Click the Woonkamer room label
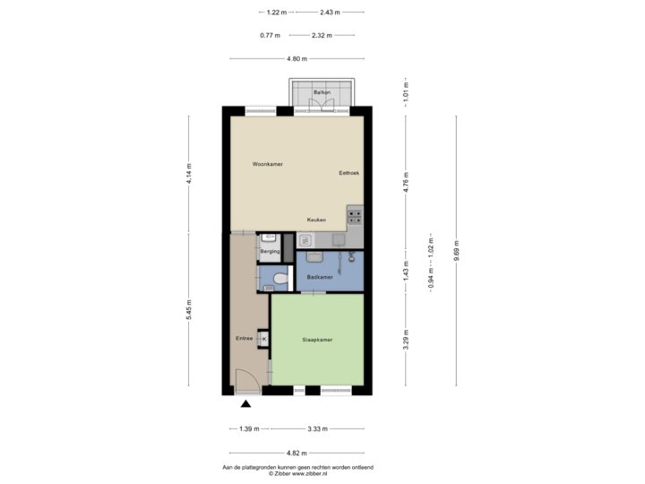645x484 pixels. click(267, 164)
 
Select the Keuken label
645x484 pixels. click(315, 220)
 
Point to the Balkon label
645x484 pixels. click(322, 92)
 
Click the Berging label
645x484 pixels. click(270, 253)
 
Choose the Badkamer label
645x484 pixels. click(319, 278)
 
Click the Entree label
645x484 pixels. click(244, 338)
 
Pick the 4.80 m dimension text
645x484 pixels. click(297, 58)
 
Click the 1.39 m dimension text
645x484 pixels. click(249, 428)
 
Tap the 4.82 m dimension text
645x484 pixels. click(297, 452)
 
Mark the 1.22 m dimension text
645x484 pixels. click(275, 13)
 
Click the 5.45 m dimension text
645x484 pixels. click(188, 309)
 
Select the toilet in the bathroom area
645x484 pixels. click(281, 280)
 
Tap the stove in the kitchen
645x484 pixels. click(356, 216)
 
